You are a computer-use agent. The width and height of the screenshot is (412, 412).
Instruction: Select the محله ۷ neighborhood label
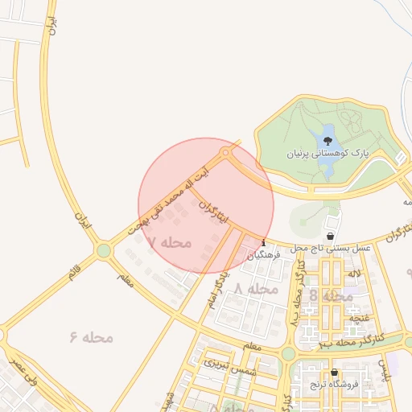pos(170,241)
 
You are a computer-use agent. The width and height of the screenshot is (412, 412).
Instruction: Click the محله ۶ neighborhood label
pos(91,336)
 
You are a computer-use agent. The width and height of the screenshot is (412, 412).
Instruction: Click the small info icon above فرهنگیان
pos(264,243)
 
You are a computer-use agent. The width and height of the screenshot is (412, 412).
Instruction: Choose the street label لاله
pos(353,274)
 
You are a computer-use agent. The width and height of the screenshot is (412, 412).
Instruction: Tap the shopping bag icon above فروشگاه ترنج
pos(334,373)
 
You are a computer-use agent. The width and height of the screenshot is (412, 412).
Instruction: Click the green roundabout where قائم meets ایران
pos(103,251)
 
